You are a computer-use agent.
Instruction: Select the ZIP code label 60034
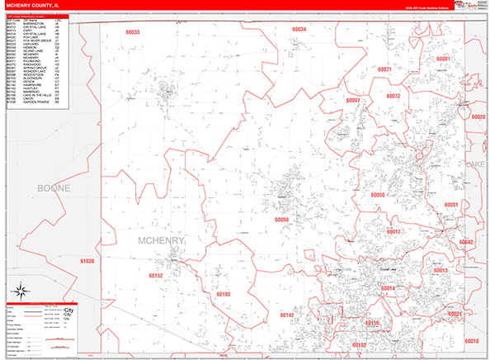pos(299,29)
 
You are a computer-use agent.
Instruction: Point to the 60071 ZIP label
pos(384,69)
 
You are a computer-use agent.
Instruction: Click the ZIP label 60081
pos(443,59)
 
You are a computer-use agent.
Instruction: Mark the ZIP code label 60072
pos(393,97)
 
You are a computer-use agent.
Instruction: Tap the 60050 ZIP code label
pos(379,195)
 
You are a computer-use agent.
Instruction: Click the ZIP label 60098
pos(281,220)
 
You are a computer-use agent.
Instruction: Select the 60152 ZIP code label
pos(157,276)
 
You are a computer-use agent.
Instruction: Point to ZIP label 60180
pos(224,294)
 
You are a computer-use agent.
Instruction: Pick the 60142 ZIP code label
pos(286,315)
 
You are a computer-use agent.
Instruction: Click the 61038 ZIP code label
pos(87,261)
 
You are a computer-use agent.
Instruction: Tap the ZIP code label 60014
pos(388,288)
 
